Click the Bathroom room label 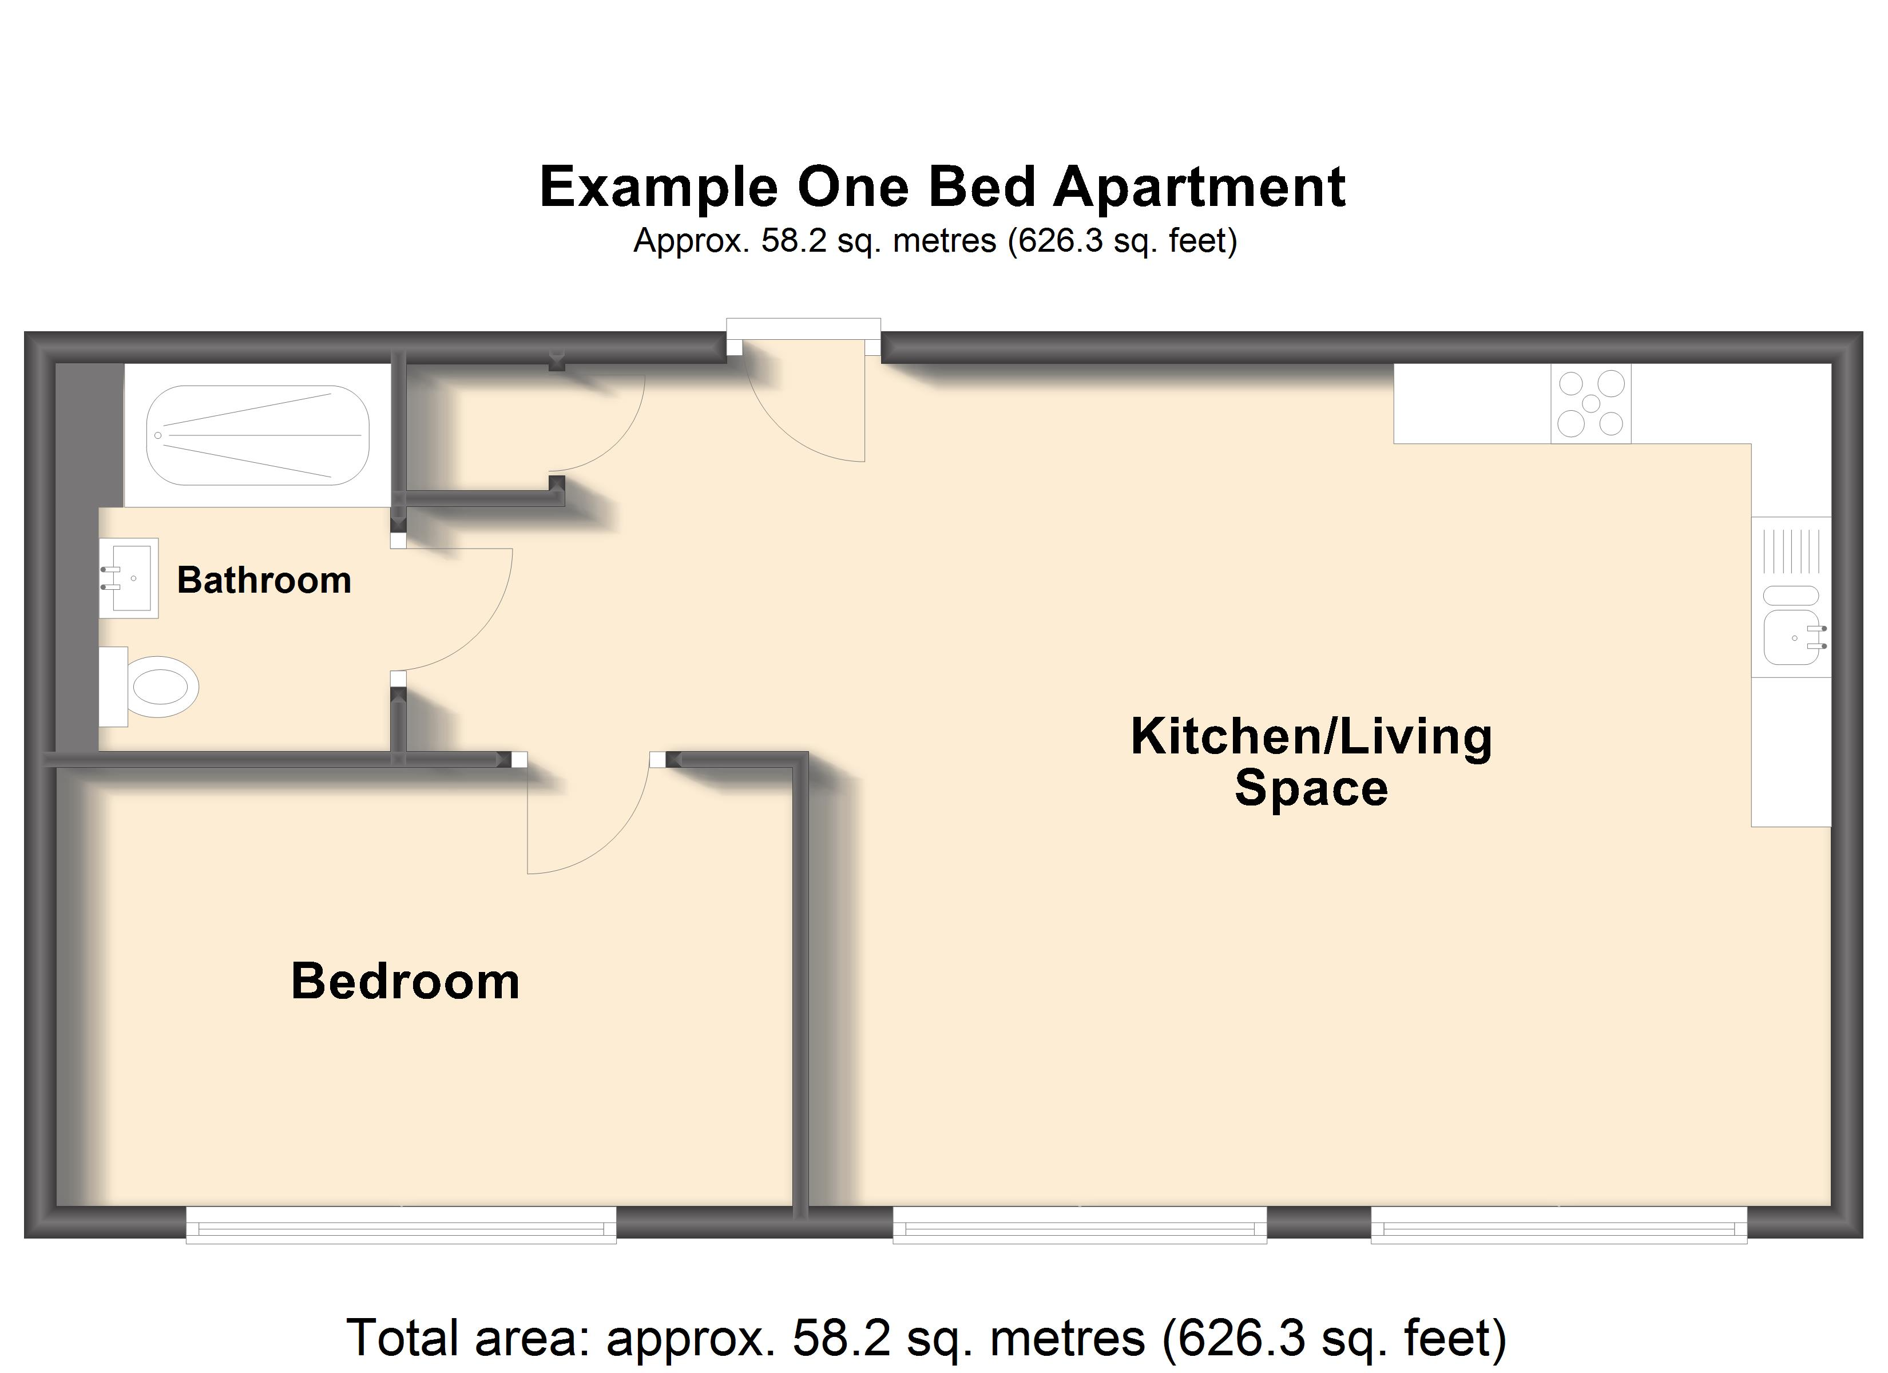point(264,580)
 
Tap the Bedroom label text point(406,981)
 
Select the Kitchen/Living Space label point(1311,762)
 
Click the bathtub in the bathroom point(258,435)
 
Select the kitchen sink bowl point(1791,637)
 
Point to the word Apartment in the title point(1200,187)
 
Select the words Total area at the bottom point(470,1338)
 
